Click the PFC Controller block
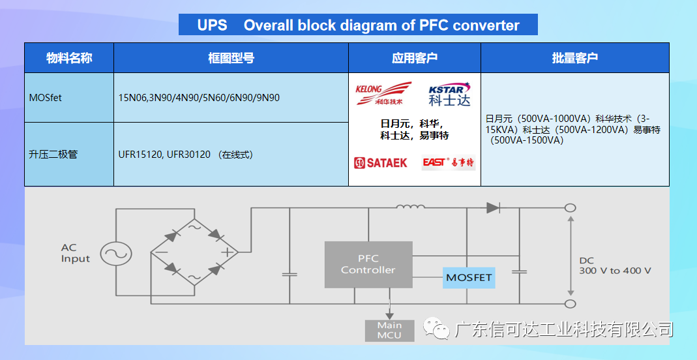pyautogui.click(x=368, y=264)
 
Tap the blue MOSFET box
pyautogui.click(x=469, y=278)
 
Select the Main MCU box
pyautogui.click(x=389, y=331)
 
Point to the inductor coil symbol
pyautogui.click(x=410, y=207)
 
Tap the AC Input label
pyautogui.click(x=76, y=253)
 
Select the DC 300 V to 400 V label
pyautogui.click(x=615, y=266)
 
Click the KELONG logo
pyautogui.click(x=383, y=93)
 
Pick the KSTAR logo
pyautogui.click(x=449, y=93)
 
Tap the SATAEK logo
pyautogui.click(x=381, y=162)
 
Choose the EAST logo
pyautogui.click(x=448, y=162)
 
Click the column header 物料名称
pyautogui.click(x=69, y=58)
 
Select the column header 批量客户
pyautogui.click(x=575, y=58)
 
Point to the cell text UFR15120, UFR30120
pyautogui.click(x=164, y=155)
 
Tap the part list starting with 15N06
pyautogui.click(x=199, y=98)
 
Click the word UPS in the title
pyautogui.click(x=212, y=25)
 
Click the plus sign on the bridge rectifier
pyautogui.click(x=228, y=252)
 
